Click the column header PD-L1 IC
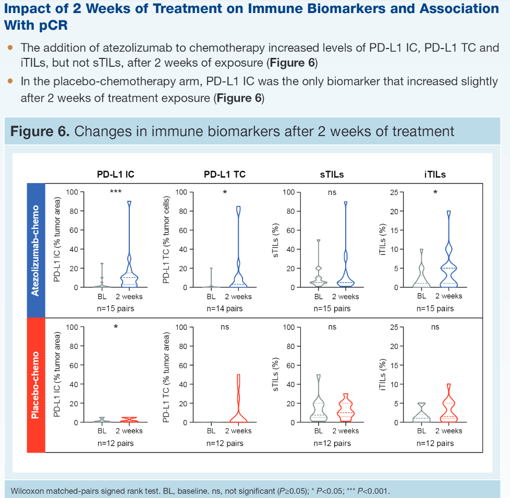[x=115, y=175]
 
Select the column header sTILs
[x=332, y=175]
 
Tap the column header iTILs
[x=435, y=175]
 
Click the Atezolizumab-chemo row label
[x=35, y=250]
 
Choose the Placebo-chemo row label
[x=35, y=385]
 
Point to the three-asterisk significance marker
[x=115, y=192]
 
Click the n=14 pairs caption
[x=225, y=309]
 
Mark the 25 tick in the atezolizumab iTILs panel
[x=392, y=192]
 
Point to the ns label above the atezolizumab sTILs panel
[x=332, y=192]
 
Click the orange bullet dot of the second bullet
[x=10, y=82]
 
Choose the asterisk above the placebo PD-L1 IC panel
[x=116, y=327]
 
